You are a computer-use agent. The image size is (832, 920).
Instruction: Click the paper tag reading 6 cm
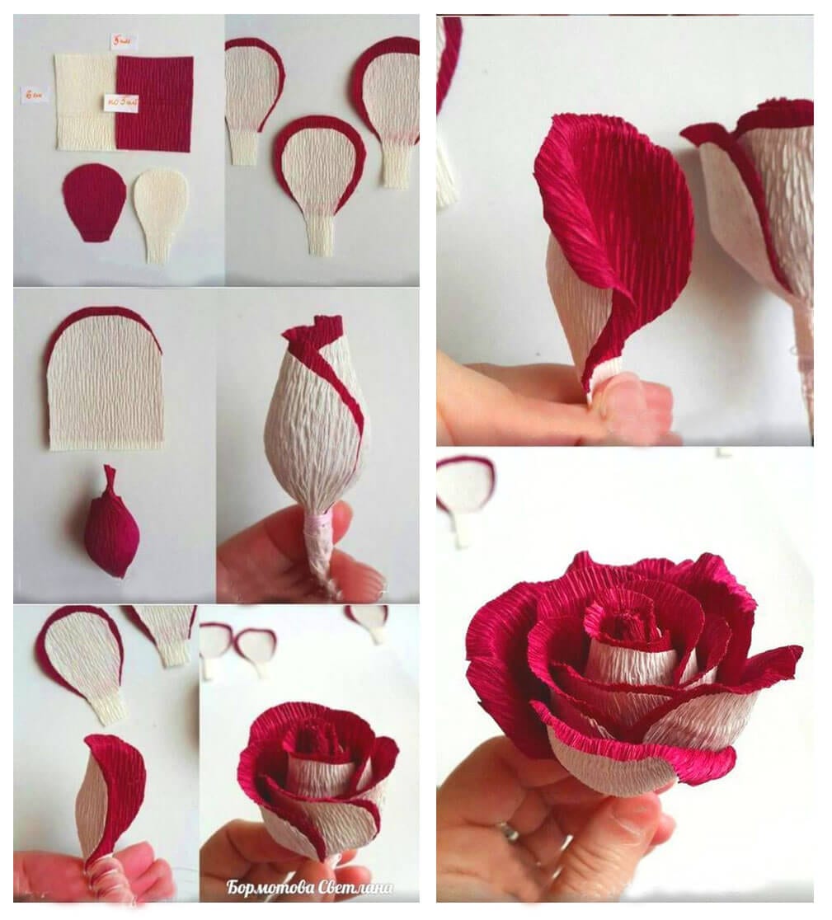tap(35, 95)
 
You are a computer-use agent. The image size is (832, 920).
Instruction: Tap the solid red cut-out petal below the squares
tap(93, 201)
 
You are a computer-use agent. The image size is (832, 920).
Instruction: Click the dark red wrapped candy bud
tap(111, 527)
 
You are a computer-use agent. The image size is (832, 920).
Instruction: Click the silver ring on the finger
tap(508, 831)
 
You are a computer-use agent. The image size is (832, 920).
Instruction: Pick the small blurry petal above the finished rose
tap(465, 491)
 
